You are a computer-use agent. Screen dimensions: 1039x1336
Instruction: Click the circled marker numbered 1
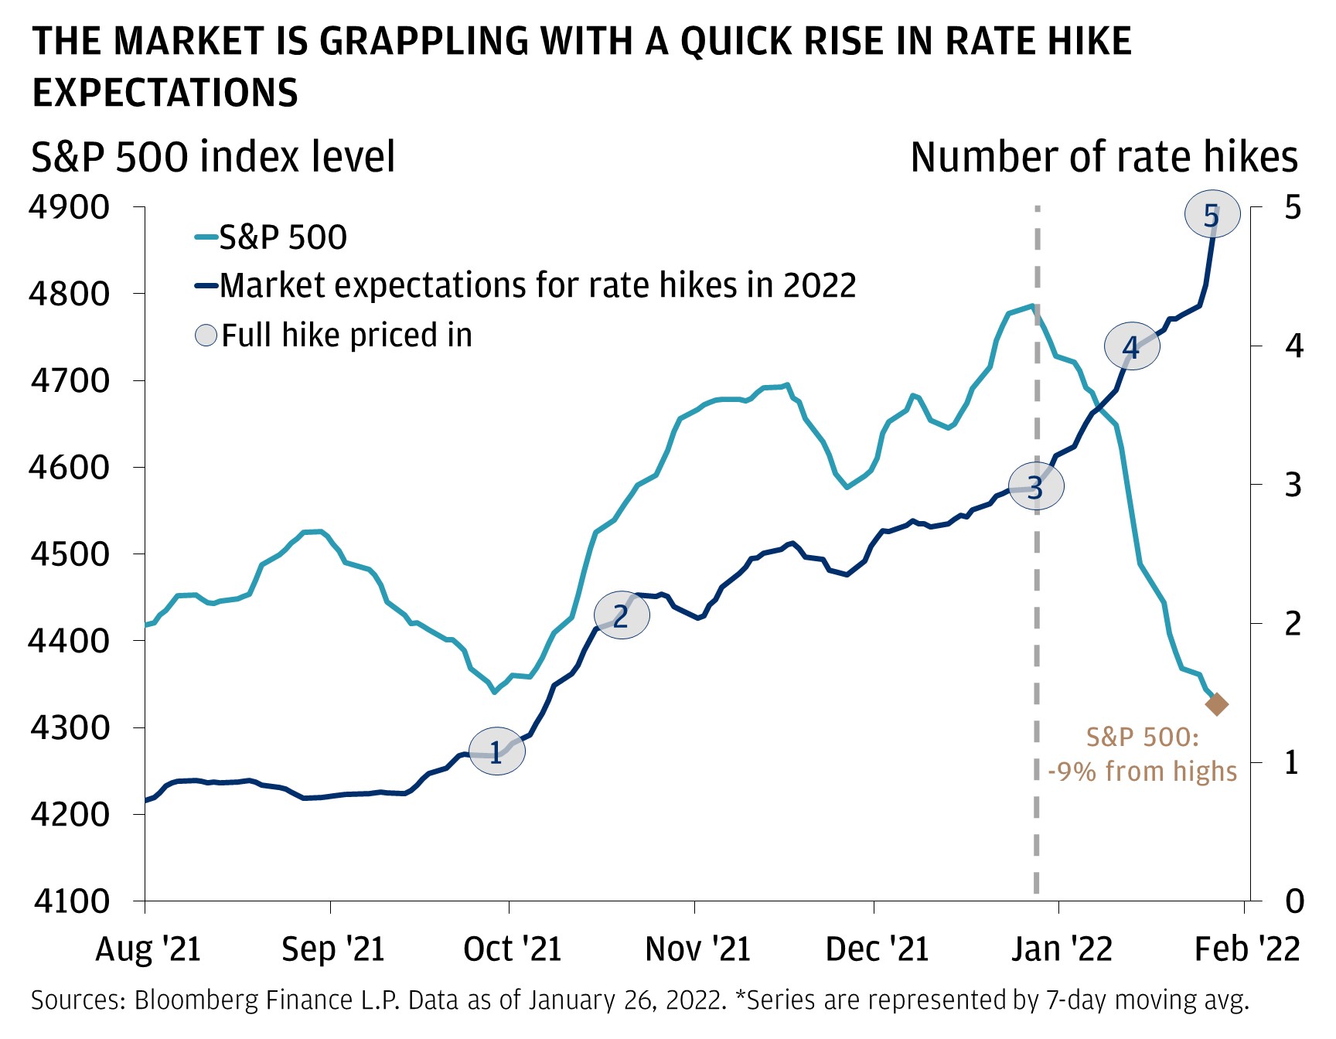[496, 751]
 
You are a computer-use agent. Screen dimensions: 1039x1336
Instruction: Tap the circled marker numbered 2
[621, 615]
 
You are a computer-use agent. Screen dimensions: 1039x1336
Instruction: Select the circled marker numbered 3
[1036, 487]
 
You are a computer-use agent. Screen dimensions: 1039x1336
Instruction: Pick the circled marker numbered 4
[1131, 347]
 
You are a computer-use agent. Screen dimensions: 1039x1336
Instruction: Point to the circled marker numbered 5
[1212, 215]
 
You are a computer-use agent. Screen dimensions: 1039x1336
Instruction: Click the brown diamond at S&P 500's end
[1217, 704]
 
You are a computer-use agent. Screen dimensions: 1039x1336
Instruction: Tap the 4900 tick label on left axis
[69, 207]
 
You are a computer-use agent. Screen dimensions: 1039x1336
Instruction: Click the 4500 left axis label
[69, 554]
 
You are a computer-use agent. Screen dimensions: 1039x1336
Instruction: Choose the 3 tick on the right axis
[1293, 485]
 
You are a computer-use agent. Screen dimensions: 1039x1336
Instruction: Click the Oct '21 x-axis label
[512, 949]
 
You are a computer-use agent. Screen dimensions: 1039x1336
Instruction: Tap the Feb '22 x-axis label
[1246, 949]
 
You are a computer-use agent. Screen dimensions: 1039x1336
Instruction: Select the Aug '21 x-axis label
[148, 949]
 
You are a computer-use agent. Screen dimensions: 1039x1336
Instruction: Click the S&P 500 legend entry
[282, 237]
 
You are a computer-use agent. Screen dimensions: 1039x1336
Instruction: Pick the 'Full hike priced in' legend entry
[346, 336]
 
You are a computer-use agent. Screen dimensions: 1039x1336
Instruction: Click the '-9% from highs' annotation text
[1142, 772]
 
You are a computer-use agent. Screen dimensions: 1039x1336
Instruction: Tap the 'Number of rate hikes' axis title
[1103, 157]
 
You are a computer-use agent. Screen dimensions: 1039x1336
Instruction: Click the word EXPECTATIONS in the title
[165, 93]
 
